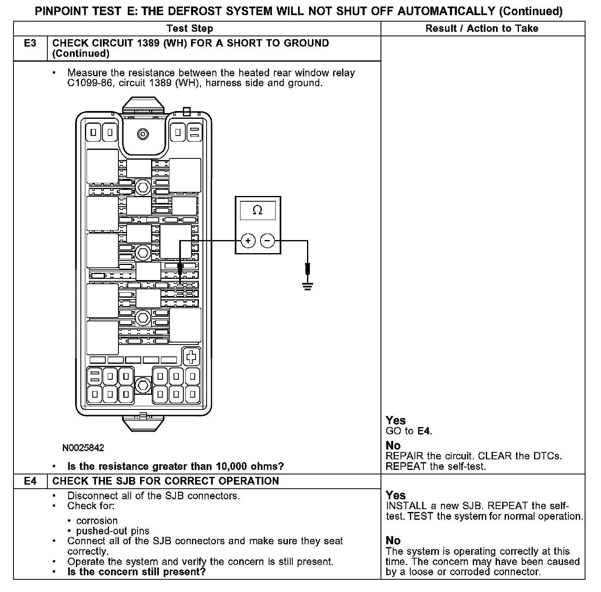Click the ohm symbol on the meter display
click(x=258, y=210)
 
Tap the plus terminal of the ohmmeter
click(x=248, y=241)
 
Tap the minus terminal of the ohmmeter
click(x=267, y=241)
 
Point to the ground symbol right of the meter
click(x=307, y=285)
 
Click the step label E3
click(x=30, y=43)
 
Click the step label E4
click(x=30, y=481)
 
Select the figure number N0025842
click(x=83, y=448)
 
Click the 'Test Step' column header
click(x=190, y=28)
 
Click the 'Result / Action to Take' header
click(x=482, y=28)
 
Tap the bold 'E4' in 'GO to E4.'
click(x=424, y=431)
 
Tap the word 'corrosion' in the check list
click(x=97, y=521)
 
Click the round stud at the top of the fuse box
click(x=143, y=134)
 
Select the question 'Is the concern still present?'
click(x=136, y=572)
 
